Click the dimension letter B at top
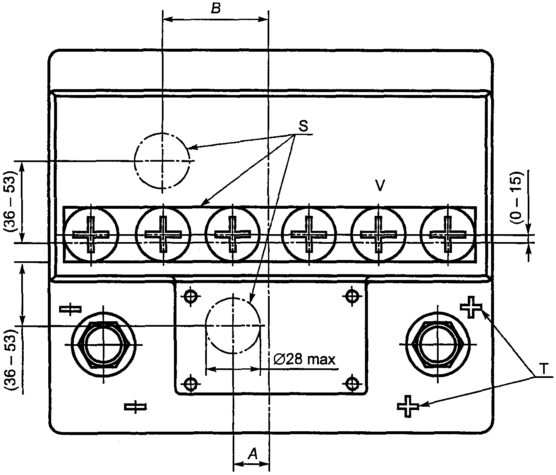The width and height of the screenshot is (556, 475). pyautogui.click(x=216, y=9)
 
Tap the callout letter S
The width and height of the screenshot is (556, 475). pyautogui.click(x=303, y=126)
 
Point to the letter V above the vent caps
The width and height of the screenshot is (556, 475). pyautogui.click(x=380, y=185)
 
